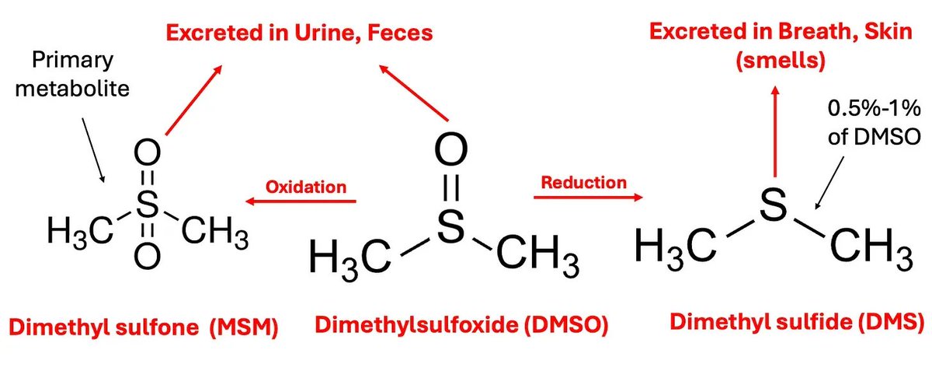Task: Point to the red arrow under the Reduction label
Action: [x=588, y=198]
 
